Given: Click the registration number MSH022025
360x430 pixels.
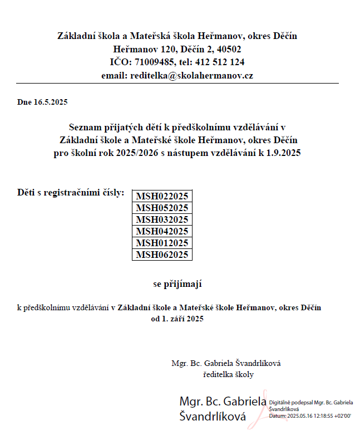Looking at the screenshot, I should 162,196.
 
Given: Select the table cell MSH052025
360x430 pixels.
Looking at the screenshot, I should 162,208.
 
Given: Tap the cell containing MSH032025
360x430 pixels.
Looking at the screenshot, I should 162,219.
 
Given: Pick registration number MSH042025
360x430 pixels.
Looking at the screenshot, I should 162,231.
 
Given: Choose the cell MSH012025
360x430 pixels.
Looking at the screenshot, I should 162,243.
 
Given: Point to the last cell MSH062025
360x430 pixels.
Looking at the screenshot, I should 162,255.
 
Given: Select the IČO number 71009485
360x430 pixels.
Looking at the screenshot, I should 153,62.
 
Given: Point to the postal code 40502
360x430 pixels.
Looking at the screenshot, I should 229,49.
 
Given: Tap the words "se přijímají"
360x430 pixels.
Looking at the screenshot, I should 177,284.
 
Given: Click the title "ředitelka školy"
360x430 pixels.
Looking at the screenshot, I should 229,374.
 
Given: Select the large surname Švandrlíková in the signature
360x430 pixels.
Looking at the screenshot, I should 213,415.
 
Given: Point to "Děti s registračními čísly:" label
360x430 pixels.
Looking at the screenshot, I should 71,193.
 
